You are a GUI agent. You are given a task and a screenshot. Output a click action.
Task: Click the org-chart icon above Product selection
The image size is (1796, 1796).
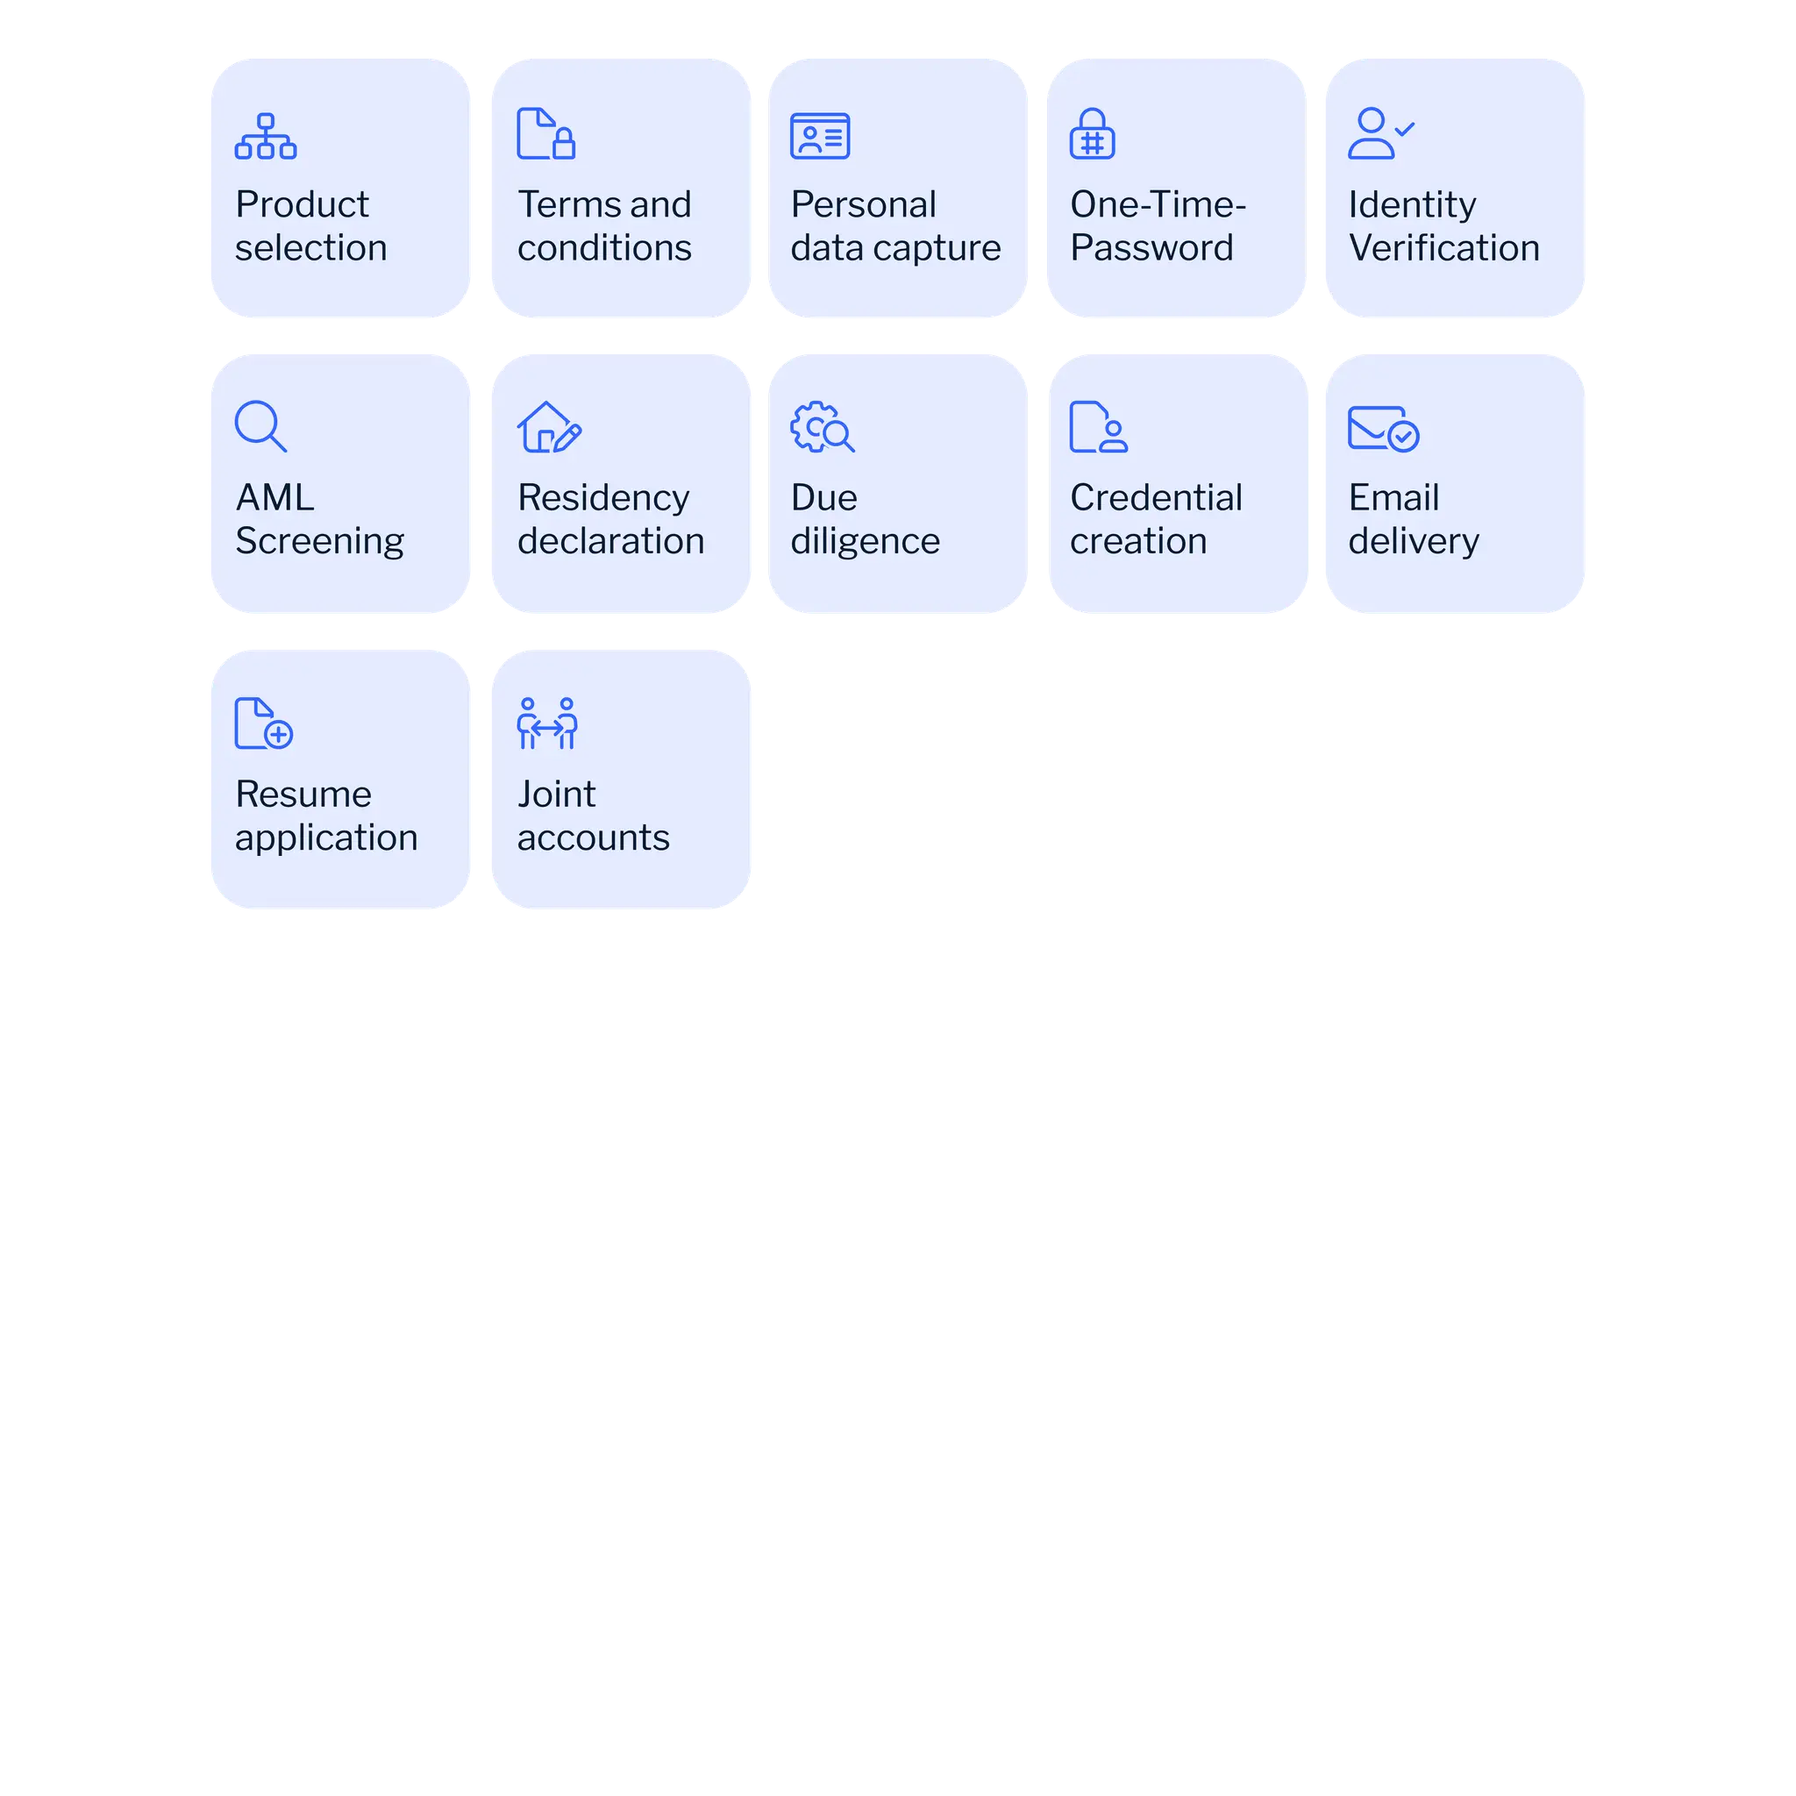click(266, 136)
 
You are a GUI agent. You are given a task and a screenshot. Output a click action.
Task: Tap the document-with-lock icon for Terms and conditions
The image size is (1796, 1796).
click(545, 134)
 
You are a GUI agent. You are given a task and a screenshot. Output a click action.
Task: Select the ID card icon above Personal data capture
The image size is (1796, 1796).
click(819, 136)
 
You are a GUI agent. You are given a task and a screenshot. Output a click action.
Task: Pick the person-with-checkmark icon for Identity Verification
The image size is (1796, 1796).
click(1379, 134)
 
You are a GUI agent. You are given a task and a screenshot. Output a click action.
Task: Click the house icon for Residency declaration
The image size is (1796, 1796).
click(548, 428)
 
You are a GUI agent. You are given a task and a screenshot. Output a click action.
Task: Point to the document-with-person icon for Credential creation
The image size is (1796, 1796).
click(1098, 428)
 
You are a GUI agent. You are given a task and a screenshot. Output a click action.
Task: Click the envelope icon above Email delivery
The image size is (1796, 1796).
click(1382, 429)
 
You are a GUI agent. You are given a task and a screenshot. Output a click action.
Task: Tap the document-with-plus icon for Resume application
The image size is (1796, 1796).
click(263, 723)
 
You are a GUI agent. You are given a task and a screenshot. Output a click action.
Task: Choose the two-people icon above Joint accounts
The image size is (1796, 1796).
click(546, 723)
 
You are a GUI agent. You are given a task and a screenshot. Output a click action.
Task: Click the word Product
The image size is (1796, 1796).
click(303, 204)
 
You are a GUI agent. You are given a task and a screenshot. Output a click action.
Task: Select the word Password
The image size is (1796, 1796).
click(1151, 248)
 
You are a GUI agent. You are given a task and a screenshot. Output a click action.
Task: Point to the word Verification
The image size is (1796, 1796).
click(1443, 248)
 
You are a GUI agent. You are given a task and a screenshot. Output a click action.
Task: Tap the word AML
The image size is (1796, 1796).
click(274, 498)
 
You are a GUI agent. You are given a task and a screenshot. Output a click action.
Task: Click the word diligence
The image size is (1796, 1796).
click(865, 541)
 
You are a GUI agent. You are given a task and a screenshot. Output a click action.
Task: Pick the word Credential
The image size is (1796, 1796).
click(1156, 498)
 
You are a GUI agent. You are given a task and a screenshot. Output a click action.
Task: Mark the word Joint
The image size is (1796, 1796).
click(556, 795)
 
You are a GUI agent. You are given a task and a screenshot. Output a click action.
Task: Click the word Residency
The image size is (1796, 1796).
click(603, 498)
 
